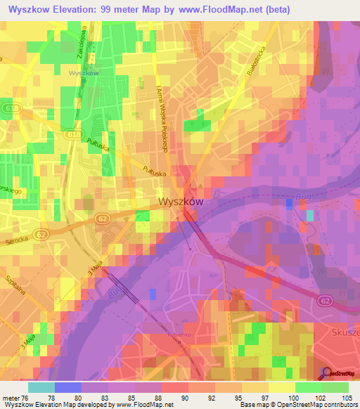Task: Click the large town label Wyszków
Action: tap(181, 202)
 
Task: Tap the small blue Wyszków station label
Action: tap(83, 72)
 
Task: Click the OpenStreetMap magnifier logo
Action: tap(327, 372)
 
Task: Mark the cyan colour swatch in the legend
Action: tap(41, 387)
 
